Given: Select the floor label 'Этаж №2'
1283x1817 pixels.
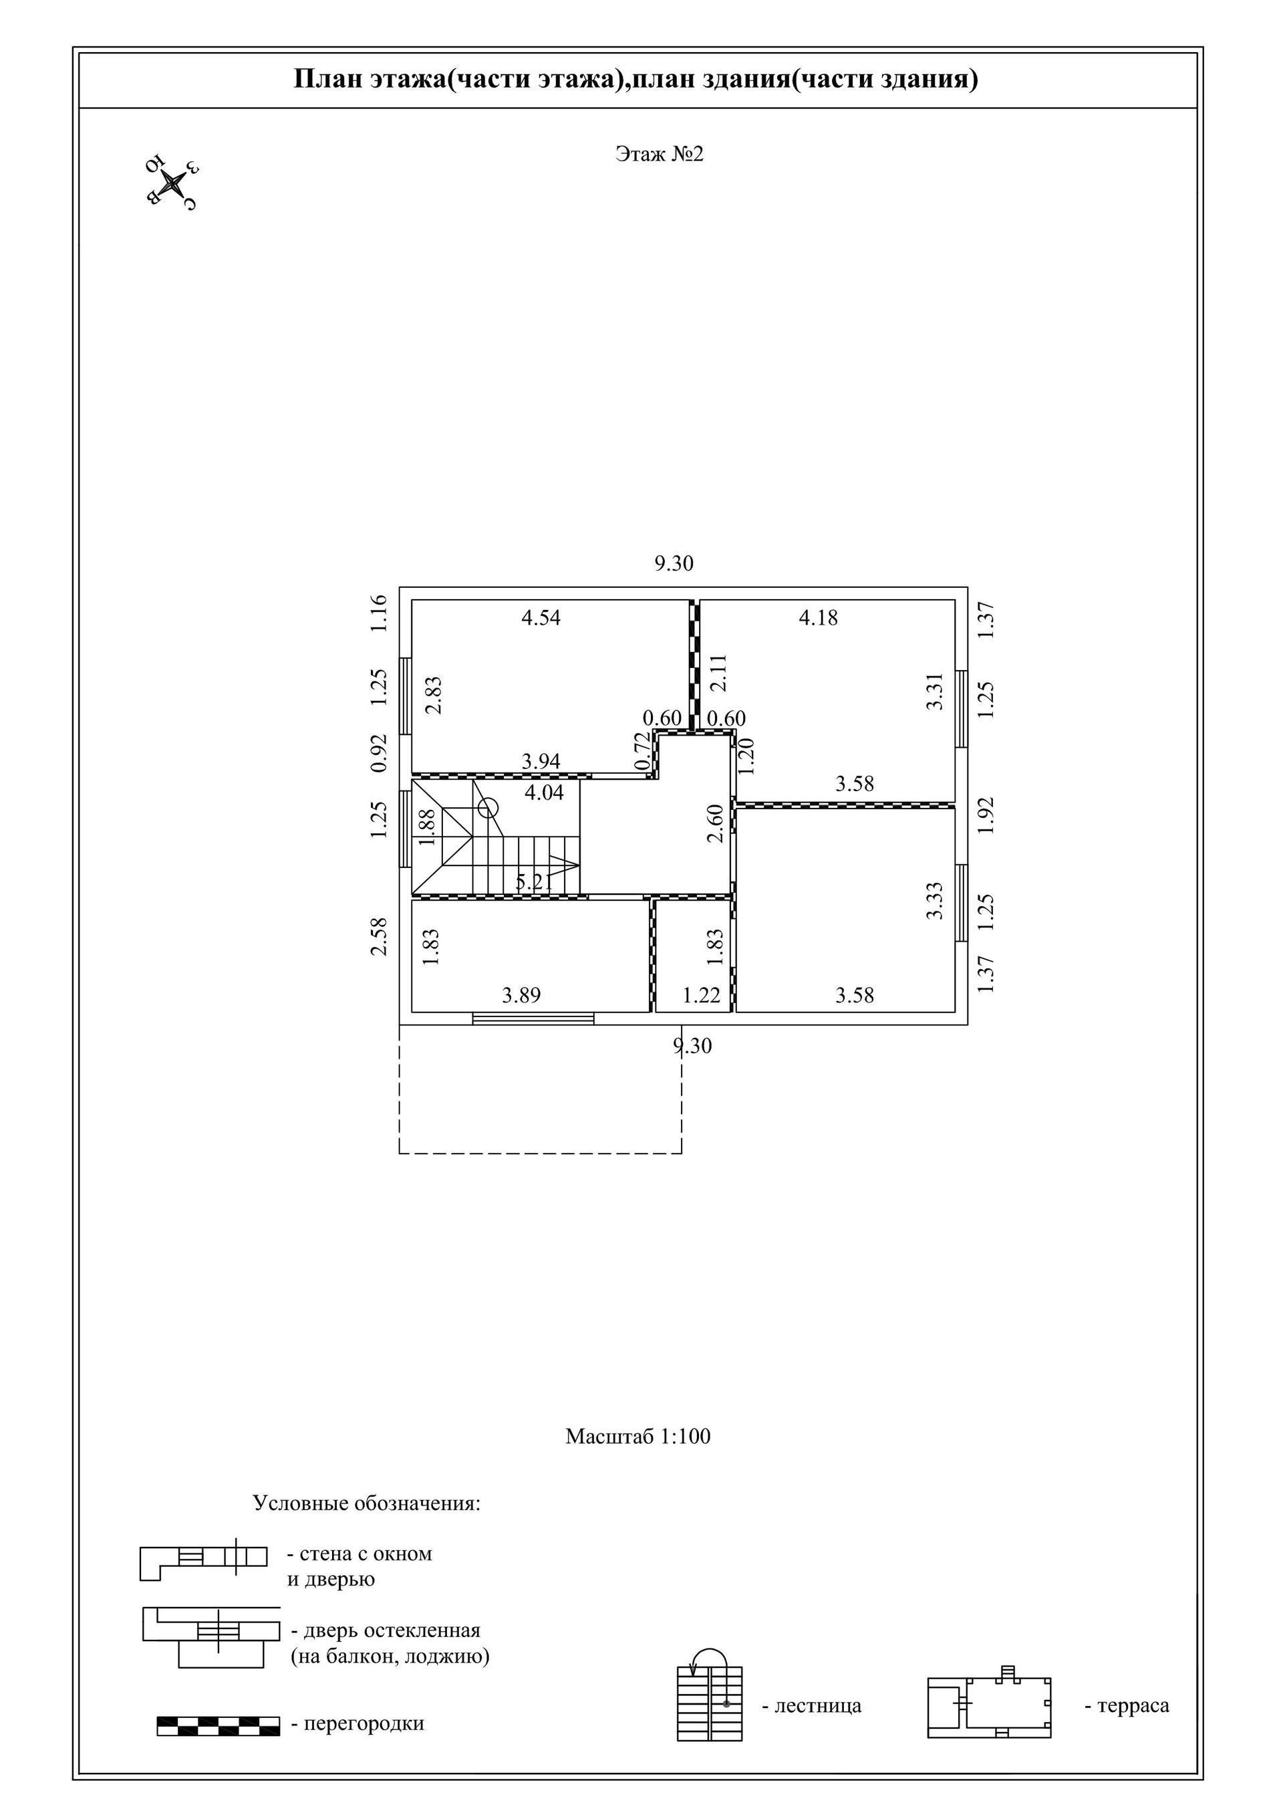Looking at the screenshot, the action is click(659, 154).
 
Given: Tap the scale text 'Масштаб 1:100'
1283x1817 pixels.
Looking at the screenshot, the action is click(637, 1436).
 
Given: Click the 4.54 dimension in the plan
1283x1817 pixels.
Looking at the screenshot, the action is click(541, 618).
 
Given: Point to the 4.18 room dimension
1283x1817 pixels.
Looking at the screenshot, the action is click(818, 618).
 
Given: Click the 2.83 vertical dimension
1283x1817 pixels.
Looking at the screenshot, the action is click(434, 695).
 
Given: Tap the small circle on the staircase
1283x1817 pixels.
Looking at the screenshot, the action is click(488, 808).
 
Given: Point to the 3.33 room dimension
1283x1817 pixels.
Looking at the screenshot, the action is click(936, 901).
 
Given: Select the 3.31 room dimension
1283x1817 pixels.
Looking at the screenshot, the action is click(936, 691).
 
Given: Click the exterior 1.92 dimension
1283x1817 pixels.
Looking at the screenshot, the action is click(986, 816).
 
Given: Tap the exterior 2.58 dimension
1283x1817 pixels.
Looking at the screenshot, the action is click(380, 936).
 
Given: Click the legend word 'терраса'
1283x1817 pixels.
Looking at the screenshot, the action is click(1132, 1705).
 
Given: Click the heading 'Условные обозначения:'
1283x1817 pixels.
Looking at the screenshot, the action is click(367, 1503).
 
